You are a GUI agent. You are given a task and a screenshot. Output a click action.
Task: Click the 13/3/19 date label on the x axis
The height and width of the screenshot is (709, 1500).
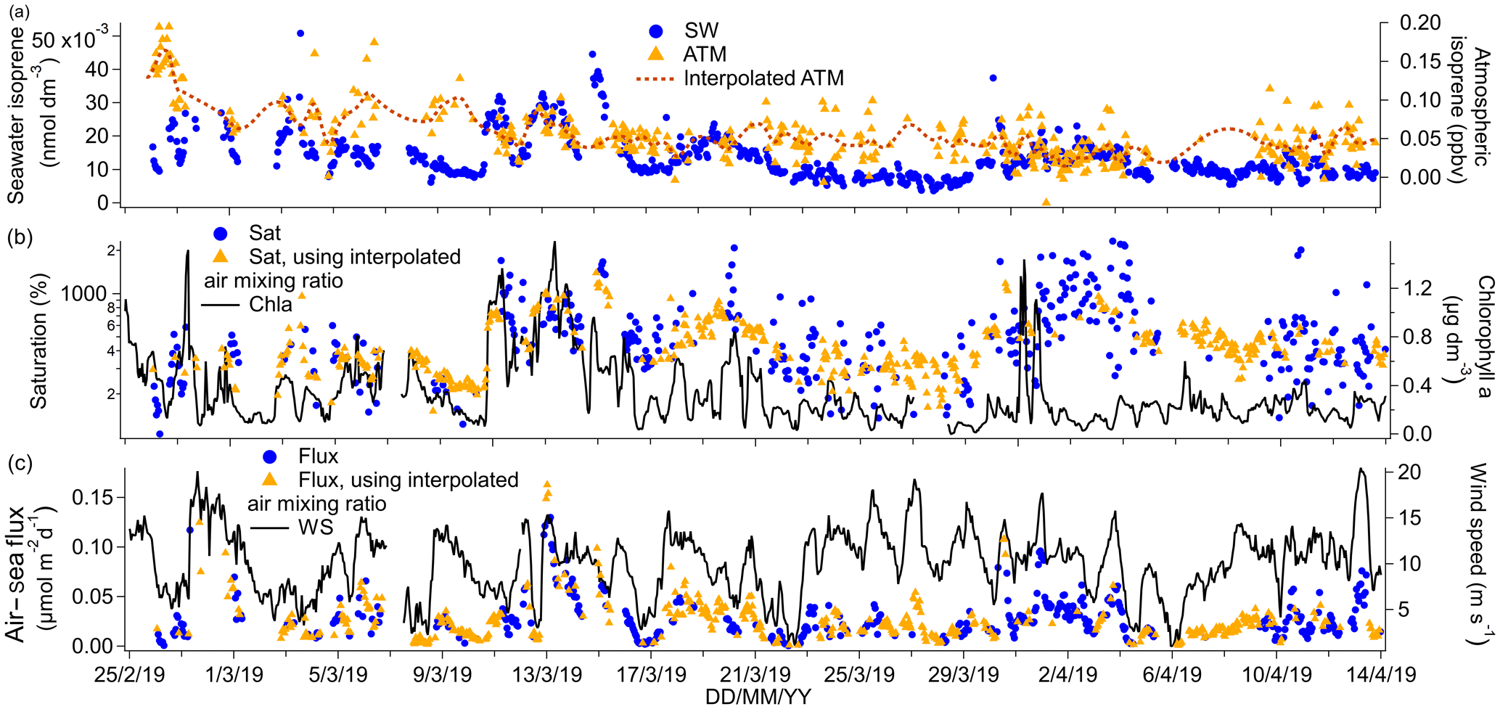[547, 675]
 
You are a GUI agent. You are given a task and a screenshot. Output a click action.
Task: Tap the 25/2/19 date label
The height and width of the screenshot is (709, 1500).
[130, 675]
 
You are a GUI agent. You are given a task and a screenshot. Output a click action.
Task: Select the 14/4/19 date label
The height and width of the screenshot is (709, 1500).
[1380, 675]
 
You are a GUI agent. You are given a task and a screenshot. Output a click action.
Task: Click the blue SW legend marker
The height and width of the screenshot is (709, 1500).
[656, 31]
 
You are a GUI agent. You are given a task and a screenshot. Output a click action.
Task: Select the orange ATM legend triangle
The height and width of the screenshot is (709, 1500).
[656, 54]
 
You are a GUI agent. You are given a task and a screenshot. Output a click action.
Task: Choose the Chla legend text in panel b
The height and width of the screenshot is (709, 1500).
[270, 305]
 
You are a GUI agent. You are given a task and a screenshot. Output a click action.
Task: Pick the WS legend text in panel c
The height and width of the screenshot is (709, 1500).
[316, 527]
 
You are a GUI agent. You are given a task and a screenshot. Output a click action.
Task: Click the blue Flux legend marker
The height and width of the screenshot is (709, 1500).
[269, 457]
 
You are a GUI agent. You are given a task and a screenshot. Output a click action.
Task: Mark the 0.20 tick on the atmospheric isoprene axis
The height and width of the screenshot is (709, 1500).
[1420, 23]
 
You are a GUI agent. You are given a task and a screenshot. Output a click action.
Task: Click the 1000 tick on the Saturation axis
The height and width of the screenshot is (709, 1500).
[83, 294]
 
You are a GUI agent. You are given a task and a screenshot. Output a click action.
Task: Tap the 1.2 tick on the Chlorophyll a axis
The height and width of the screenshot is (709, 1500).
[1417, 289]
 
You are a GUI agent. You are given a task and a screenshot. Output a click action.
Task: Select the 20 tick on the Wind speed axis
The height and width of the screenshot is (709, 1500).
[1409, 472]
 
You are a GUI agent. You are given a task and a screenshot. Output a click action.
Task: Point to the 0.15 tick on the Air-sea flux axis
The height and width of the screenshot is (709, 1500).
[92, 498]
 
